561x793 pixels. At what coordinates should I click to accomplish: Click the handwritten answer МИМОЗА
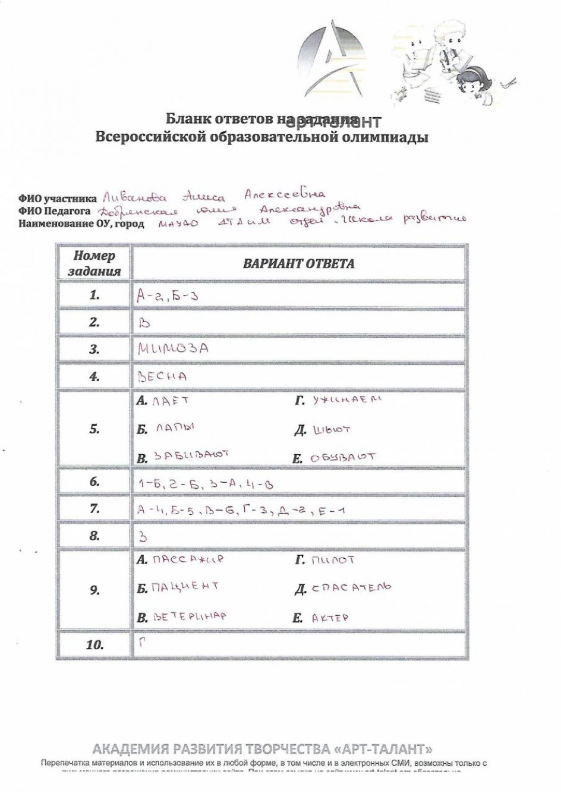173,349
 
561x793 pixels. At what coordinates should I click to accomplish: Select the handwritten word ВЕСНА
162,376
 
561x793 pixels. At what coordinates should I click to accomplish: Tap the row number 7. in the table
94,509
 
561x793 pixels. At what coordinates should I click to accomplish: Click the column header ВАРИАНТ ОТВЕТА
298,263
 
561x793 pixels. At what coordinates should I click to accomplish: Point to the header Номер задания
94,263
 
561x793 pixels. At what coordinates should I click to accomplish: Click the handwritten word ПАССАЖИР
187,560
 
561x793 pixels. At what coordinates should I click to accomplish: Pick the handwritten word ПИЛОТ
333,560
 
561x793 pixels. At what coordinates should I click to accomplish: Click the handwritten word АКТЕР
330,618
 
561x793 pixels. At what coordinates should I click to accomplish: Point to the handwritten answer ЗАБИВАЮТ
191,457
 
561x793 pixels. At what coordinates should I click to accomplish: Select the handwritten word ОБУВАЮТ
343,458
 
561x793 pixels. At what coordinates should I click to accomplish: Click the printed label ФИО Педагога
55,211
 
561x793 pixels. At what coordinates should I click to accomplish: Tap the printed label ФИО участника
57,200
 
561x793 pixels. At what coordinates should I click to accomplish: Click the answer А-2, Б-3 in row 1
167,295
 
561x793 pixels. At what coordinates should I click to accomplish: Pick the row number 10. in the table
94,644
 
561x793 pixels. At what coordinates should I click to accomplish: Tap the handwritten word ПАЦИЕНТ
185,587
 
